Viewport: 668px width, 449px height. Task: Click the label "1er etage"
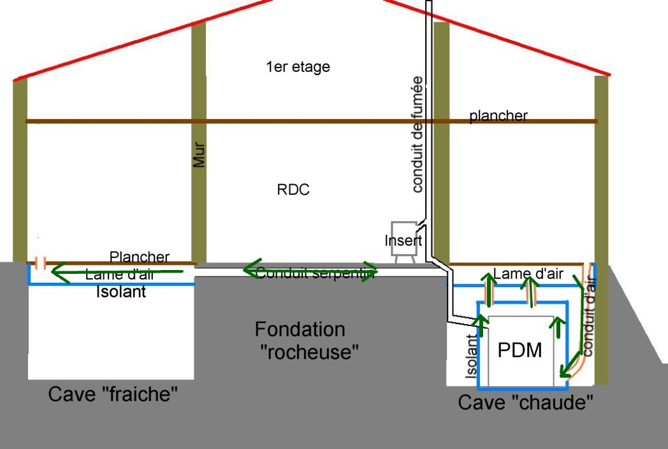[298, 66]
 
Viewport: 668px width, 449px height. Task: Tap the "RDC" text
[293, 190]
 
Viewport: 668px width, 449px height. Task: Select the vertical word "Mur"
[200, 154]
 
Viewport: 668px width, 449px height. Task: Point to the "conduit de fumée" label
[417, 134]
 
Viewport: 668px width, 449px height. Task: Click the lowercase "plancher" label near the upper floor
[498, 115]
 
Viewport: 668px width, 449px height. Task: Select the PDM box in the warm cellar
[519, 350]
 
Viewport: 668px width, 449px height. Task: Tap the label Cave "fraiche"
[112, 394]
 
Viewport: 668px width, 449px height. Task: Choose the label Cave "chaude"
[526, 402]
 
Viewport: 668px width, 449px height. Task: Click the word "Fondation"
[300, 329]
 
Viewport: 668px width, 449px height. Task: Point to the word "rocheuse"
[310, 351]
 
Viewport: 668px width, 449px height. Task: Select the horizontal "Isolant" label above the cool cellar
[121, 292]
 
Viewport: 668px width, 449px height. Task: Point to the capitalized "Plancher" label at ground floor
[140, 257]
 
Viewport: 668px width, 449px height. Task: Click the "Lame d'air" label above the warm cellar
[528, 273]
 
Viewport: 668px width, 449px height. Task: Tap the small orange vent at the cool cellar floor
[40, 262]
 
